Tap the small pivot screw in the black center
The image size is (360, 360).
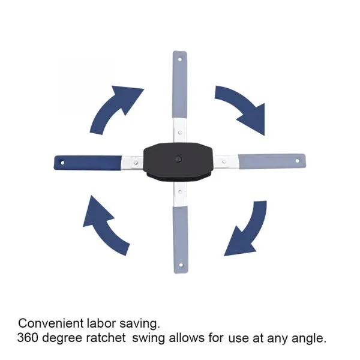click(x=179, y=159)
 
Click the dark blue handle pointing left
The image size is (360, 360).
click(x=90, y=163)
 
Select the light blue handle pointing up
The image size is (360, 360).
click(x=180, y=84)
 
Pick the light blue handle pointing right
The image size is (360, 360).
click(x=270, y=160)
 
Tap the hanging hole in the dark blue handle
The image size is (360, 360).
click(x=61, y=163)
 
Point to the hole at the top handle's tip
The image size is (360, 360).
click(x=180, y=58)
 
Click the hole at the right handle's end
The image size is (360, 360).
click(x=299, y=160)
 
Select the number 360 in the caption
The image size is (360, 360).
click(x=28, y=338)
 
